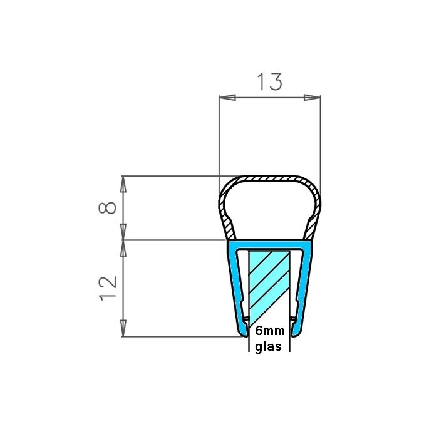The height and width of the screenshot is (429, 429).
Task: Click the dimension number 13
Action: click(269, 81)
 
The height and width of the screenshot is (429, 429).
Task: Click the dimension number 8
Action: click(108, 207)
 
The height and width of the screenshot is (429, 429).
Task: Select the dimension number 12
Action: click(108, 287)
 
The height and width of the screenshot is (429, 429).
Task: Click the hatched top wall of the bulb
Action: click(269, 179)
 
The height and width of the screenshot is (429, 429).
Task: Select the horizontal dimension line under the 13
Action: click(269, 98)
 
